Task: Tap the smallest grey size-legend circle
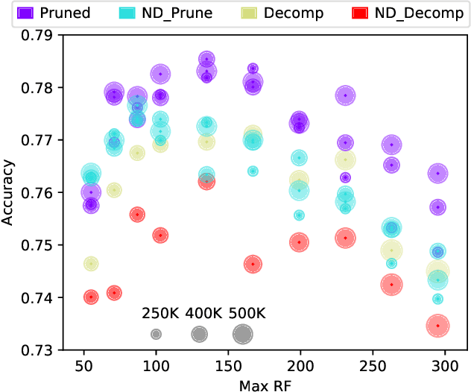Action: (x=156, y=335)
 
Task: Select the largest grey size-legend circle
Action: (x=242, y=335)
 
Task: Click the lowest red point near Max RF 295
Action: (x=438, y=326)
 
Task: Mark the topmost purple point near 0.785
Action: (x=207, y=59)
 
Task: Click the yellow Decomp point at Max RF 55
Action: (x=91, y=264)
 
